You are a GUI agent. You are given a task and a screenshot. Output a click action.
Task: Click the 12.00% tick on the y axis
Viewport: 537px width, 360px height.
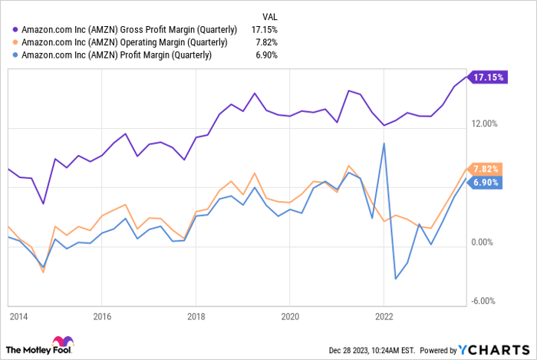(x=485, y=124)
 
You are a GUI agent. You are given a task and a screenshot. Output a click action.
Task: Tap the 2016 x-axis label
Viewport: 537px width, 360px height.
(x=102, y=315)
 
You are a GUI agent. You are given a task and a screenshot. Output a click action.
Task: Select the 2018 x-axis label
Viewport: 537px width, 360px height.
(x=196, y=315)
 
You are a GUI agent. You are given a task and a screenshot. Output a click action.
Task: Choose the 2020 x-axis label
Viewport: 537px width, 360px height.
(x=290, y=315)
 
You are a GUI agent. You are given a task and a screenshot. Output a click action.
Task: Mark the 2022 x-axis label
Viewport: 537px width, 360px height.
(x=384, y=315)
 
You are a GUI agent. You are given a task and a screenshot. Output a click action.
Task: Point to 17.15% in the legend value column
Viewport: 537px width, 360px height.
(x=265, y=28)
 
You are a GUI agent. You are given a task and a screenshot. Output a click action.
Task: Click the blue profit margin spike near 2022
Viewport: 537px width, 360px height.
(x=384, y=144)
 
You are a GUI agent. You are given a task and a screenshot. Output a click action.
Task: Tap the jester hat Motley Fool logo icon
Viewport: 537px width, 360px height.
(x=58, y=344)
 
